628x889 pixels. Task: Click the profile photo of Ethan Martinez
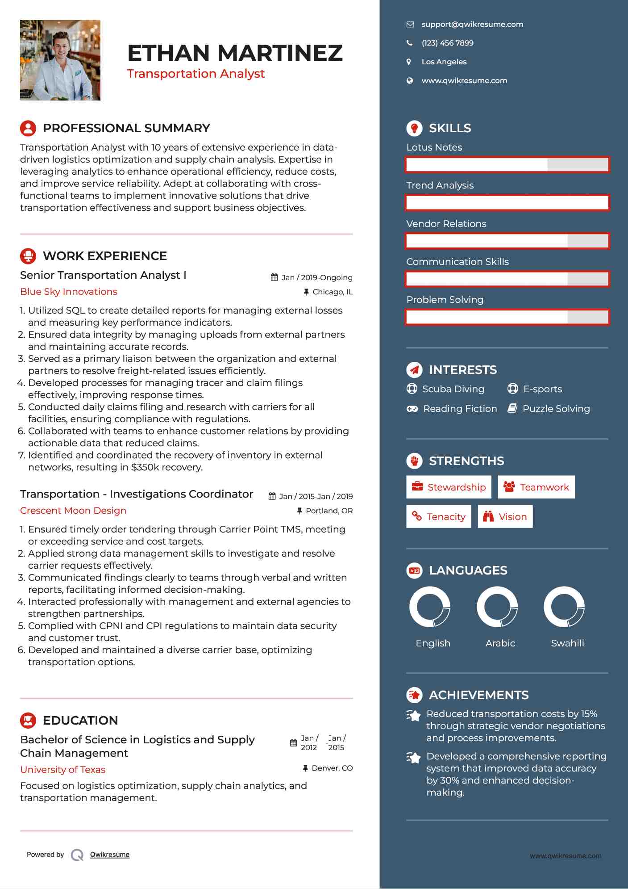(60, 60)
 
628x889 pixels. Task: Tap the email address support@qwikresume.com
(472, 25)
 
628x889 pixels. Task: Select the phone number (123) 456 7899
(447, 43)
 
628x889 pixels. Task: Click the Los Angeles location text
(444, 62)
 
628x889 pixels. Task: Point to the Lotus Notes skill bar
(507, 164)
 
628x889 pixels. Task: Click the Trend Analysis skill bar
(507, 203)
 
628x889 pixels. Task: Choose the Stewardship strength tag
(449, 487)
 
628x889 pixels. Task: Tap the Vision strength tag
(505, 517)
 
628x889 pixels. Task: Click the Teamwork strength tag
(536, 487)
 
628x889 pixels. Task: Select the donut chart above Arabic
(497, 607)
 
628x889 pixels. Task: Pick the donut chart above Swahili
(564, 607)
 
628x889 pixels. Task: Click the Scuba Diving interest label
(453, 389)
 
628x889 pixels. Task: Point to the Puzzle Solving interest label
(556, 409)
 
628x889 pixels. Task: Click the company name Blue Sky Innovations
(69, 292)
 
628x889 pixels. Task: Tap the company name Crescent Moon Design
(73, 511)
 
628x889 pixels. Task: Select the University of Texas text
(63, 770)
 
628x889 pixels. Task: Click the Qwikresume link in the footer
(110, 855)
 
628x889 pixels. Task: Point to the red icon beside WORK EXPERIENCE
(28, 256)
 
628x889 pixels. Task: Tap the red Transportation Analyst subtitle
(195, 74)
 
